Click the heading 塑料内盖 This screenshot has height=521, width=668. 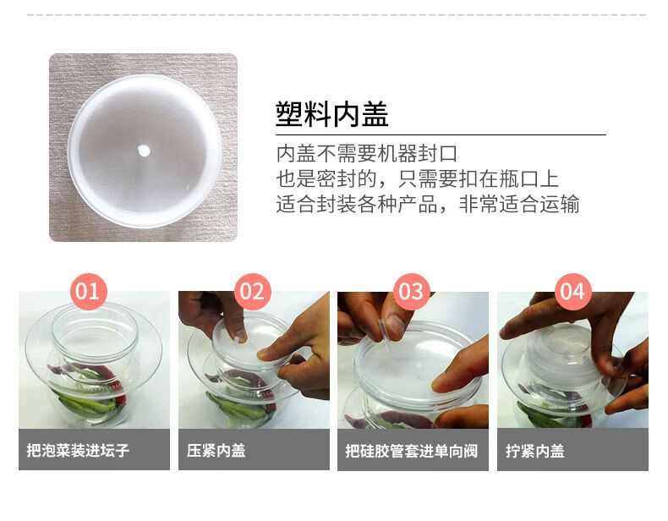click(331, 114)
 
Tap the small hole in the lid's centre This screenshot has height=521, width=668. click(144, 151)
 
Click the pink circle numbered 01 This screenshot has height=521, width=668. click(88, 292)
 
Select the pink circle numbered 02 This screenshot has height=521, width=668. click(253, 292)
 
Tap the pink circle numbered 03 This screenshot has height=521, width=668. click(411, 292)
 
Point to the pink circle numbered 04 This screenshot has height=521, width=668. click(573, 292)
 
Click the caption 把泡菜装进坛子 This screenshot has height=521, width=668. click(78, 450)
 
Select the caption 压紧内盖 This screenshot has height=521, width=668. click(216, 450)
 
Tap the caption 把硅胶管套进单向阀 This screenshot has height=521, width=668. click(412, 451)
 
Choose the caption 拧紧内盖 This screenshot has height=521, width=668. click(535, 451)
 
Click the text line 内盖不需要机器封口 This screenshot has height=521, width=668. click(367, 153)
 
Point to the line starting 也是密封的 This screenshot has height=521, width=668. click(418, 178)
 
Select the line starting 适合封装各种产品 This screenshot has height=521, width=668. click(428, 204)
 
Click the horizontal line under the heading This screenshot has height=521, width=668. click(441, 134)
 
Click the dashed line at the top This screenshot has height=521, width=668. click(337, 15)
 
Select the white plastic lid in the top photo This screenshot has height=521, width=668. click(145, 151)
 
